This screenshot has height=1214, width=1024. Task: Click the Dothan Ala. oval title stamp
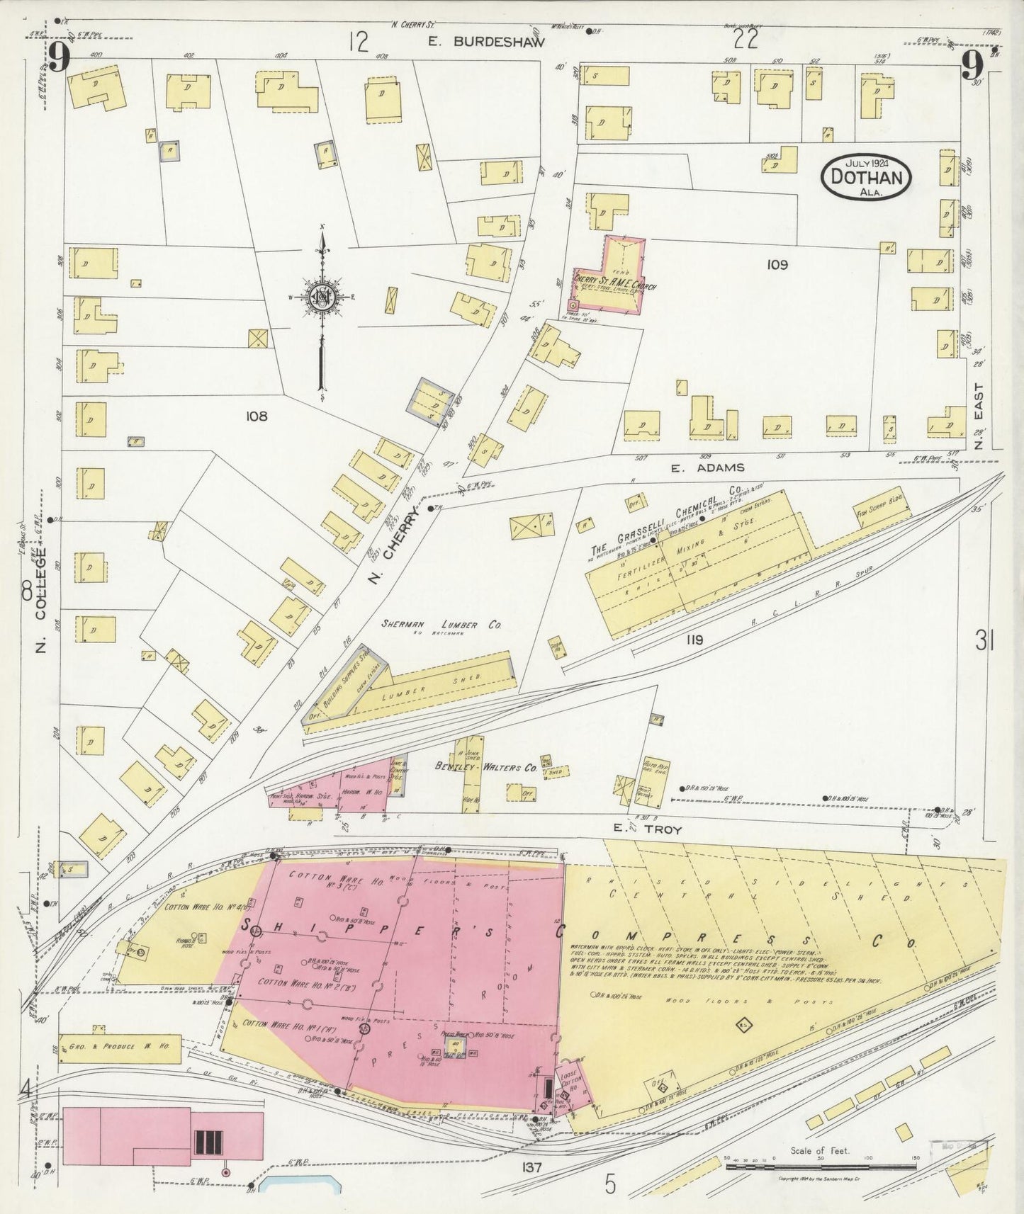point(867,175)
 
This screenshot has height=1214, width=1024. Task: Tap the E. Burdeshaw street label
point(487,42)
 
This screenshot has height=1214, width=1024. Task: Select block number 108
point(256,416)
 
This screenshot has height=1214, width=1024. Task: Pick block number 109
point(777,265)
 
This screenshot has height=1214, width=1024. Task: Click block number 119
point(694,640)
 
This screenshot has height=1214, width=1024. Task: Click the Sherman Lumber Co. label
point(441,625)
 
